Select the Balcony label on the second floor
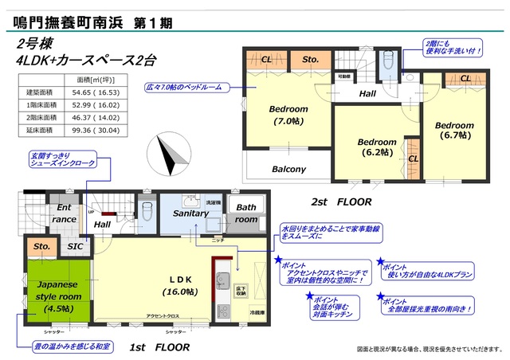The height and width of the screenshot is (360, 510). coord(288,169)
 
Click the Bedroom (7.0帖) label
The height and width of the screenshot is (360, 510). coord(288,115)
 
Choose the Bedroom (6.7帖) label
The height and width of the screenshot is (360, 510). coord(453,130)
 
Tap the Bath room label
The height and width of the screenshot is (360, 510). coord(245,213)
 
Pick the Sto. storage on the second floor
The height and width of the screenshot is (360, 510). coord(310,59)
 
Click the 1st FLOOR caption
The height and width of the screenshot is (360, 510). coord(159,347)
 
